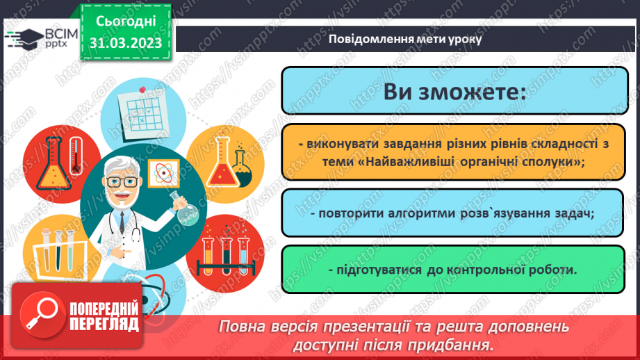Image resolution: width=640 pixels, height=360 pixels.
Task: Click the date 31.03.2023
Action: click(x=125, y=43)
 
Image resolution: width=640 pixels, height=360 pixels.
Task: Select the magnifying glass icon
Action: click(x=38, y=314)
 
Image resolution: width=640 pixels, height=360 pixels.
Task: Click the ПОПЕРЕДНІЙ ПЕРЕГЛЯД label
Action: click(x=104, y=315)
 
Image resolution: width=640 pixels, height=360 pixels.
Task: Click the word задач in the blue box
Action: click(x=571, y=212)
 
